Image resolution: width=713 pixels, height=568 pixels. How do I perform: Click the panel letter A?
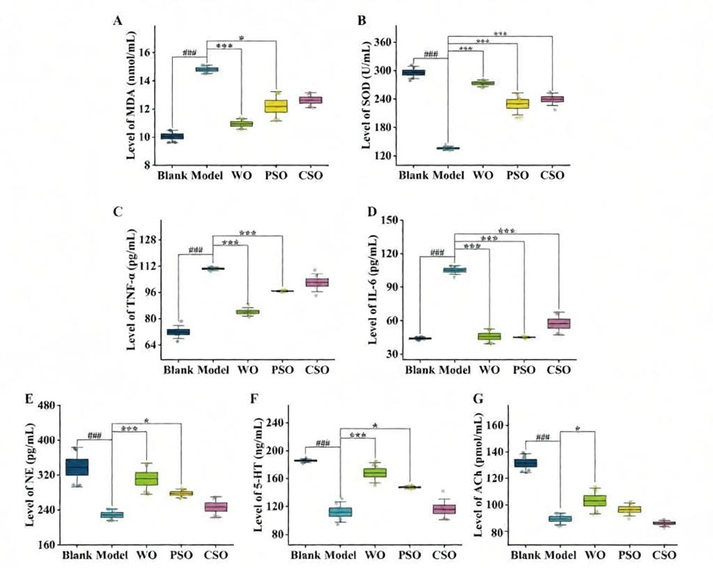pyautogui.click(x=118, y=21)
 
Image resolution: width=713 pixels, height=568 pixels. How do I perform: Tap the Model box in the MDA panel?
pyautogui.click(x=207, y=70)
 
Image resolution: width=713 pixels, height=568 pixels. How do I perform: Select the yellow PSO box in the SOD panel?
pyautogui.click(x=518, y=104)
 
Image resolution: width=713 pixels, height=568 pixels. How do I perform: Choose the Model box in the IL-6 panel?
pyautogui.click(x=455, y=270)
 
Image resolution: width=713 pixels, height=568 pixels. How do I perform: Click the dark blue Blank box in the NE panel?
pyautogui.click(x=77, y=467)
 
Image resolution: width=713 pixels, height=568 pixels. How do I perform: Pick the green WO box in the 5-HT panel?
pyautogui.click(x=375, y=473)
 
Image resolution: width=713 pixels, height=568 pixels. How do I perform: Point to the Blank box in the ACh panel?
pyautogui.click(x=526, y=463)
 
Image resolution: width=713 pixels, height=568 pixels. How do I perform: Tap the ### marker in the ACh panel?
pyautogui.click(x=542, y=437)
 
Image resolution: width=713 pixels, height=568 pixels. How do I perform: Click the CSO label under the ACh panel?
pyautogui.click(x=664, y=555)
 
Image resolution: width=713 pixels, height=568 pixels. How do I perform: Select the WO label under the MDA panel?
pyautogui.click(x=242, y=175)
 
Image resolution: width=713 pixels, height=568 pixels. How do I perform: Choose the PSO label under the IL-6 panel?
pyautogui.click(x=524, y=370)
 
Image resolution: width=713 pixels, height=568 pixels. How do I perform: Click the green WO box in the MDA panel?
pyautogui.click(x=242, y=124)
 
